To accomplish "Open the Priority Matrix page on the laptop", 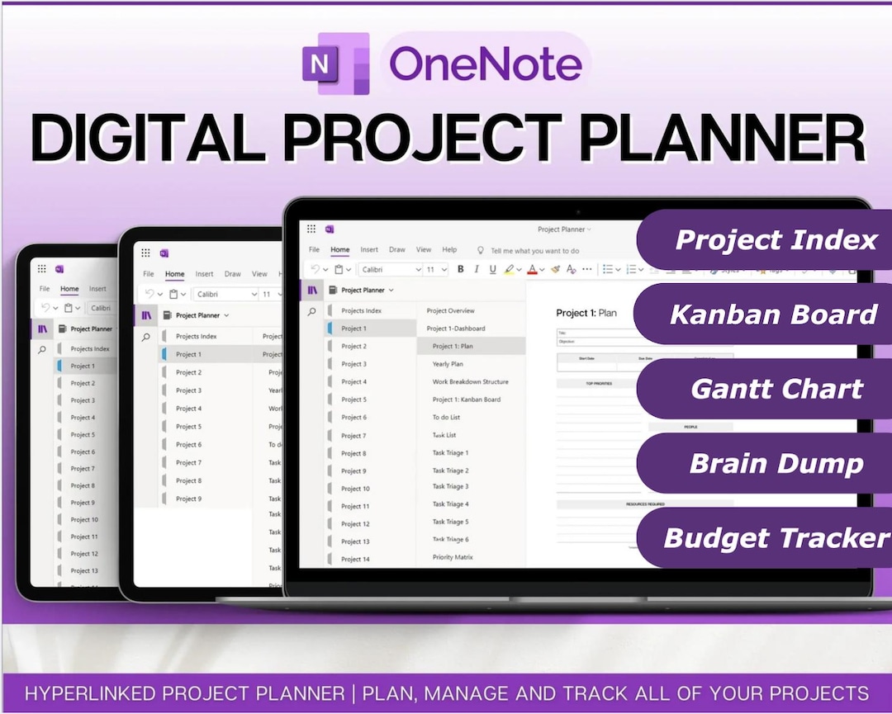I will (x=453, y=557).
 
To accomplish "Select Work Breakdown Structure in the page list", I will (x=470, y=381).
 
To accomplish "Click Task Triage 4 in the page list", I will (x=450, y=504).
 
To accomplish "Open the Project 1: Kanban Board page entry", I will (x=466, y=400).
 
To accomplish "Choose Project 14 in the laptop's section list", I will (x=355, y=559).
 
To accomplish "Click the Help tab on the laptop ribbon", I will (x=449, y=249).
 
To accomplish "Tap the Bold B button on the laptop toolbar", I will (x=461, y=269).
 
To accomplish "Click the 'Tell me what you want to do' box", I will (x=534, y=250).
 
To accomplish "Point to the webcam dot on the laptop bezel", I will (x=577, y=212).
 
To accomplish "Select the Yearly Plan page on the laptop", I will (x=448, y=364).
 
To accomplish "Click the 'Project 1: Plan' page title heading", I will (x=586, y=313).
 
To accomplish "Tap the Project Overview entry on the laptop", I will (x=450, y=311).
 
